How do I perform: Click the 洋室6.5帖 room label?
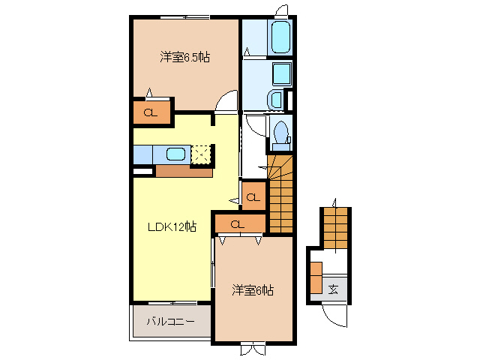point(184,57)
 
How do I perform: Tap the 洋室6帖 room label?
point(252,289)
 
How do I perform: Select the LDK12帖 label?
point(171,226)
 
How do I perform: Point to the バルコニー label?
point(170,322)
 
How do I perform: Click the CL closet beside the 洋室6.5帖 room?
point(150,113)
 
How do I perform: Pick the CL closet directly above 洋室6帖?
point(238,223)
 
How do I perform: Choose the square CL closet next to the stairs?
point(253,197)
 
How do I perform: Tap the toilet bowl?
point(283,132)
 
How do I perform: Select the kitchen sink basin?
point(175,154)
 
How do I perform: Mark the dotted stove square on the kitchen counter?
point(201,154)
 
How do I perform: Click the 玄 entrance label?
point(334,289)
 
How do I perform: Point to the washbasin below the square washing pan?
point(275,100)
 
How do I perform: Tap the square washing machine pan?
point(282,73)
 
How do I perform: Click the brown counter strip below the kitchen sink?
point(184,170)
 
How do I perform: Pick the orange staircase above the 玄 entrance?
point(336,226)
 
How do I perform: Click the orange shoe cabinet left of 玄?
point(316,278)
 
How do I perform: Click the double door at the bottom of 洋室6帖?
point(253,349)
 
